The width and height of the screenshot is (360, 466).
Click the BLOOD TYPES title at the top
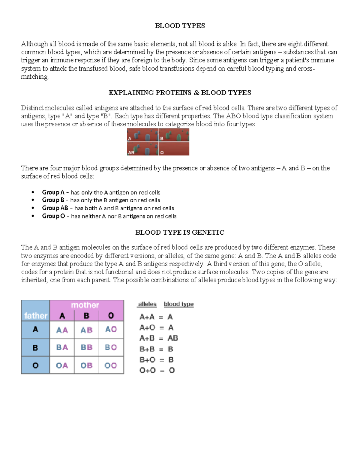[180, 26]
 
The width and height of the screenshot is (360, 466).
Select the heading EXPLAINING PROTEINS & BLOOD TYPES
[180, 93]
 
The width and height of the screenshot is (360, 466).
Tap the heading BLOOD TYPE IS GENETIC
[180, 233]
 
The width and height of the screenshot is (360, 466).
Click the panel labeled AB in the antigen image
[142, 149]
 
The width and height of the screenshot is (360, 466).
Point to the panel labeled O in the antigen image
[174, 149]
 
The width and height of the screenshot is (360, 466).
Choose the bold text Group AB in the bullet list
[55, 208]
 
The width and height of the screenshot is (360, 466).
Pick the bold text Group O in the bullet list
[53, 216]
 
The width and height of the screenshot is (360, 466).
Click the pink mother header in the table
[85, 305]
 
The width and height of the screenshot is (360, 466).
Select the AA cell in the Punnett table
[62, 330]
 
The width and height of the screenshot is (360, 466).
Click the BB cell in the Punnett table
[86, 347]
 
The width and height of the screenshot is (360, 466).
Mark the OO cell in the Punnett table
[111, 365]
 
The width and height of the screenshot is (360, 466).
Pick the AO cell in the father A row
[111, 329]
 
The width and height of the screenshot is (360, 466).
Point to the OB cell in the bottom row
[86, 365]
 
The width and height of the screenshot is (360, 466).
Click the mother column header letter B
[86, 316]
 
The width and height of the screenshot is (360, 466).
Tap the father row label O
[35, 365]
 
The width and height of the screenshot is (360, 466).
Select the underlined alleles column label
[147, 304]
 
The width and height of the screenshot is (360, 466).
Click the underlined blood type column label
[178, 304]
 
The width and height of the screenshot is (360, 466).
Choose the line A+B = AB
[158, 338]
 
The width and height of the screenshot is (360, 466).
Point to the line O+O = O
[157, 370]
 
